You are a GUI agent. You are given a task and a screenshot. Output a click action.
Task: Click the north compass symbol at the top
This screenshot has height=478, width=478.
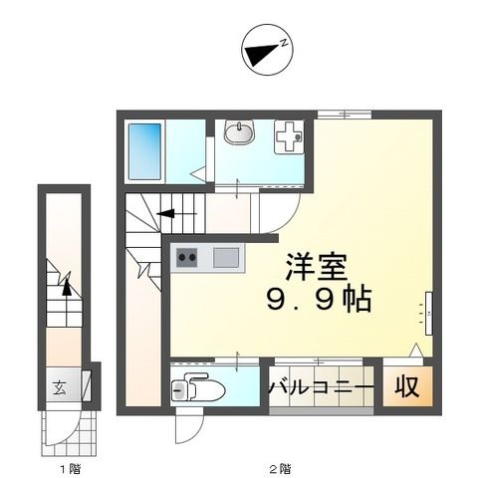click(265, 48)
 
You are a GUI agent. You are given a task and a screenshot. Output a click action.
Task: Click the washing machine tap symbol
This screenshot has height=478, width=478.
click(286, 137)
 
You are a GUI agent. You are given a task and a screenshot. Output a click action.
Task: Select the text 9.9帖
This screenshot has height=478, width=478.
click(317, 299)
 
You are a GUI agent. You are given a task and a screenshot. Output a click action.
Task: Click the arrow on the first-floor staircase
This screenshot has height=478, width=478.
click(66, 286)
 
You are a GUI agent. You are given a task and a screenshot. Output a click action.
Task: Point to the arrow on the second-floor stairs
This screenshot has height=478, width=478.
click(164, 211)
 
